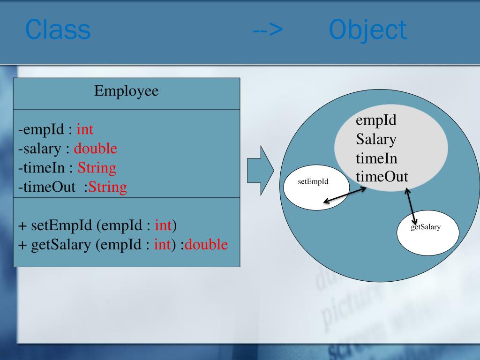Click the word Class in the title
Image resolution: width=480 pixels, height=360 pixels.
58,30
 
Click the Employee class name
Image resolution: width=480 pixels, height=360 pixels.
127,90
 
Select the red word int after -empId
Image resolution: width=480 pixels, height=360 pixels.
85,129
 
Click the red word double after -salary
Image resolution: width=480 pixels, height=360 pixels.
96,149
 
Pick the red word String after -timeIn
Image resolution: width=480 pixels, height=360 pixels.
97,168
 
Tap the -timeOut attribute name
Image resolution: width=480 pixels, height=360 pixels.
47,187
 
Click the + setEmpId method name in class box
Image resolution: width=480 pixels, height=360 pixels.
55,225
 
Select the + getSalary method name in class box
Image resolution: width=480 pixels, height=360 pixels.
55,245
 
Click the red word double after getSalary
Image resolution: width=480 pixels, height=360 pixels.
206,245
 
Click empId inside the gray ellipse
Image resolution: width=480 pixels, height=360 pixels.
376,120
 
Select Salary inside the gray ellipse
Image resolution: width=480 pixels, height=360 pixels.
376,139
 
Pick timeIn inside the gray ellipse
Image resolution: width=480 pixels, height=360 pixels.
376,158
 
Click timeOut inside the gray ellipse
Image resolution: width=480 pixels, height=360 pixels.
382,177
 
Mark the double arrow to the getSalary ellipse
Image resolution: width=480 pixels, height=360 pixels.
411,206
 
